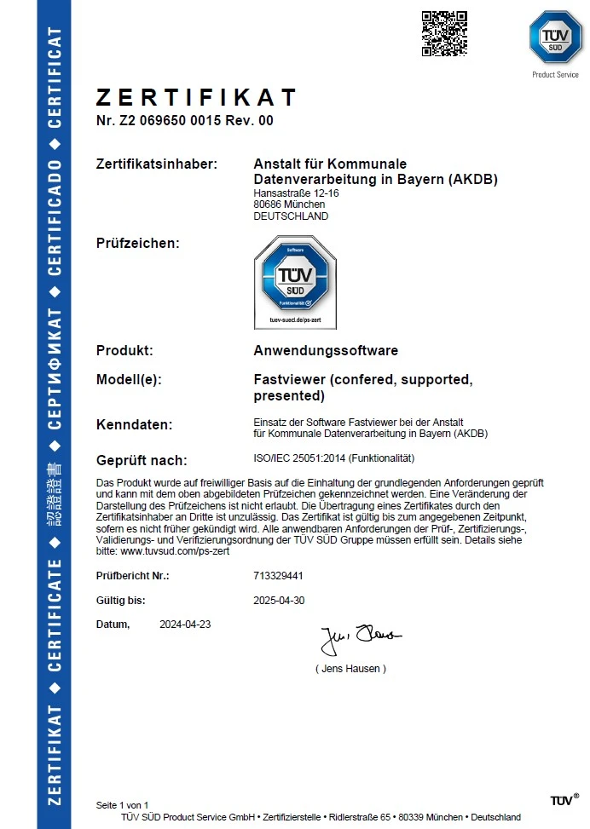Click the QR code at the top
(x=445, y=33)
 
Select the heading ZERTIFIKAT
(x=196, y=97)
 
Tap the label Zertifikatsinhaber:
(x=157, y=164)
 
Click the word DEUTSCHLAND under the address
(x=291, y=216)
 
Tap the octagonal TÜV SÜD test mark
(x=295, y=279)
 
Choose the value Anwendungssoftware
(x=326, y=350)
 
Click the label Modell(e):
(x=129, y=380)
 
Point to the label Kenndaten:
(x=135, y=424)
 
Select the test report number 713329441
(x=279, y=576)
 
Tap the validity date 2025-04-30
(x=279, y=600)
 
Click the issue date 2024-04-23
(x=185, y=624)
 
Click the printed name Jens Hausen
(x=350, y=669)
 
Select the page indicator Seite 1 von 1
(x=122, y=805)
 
